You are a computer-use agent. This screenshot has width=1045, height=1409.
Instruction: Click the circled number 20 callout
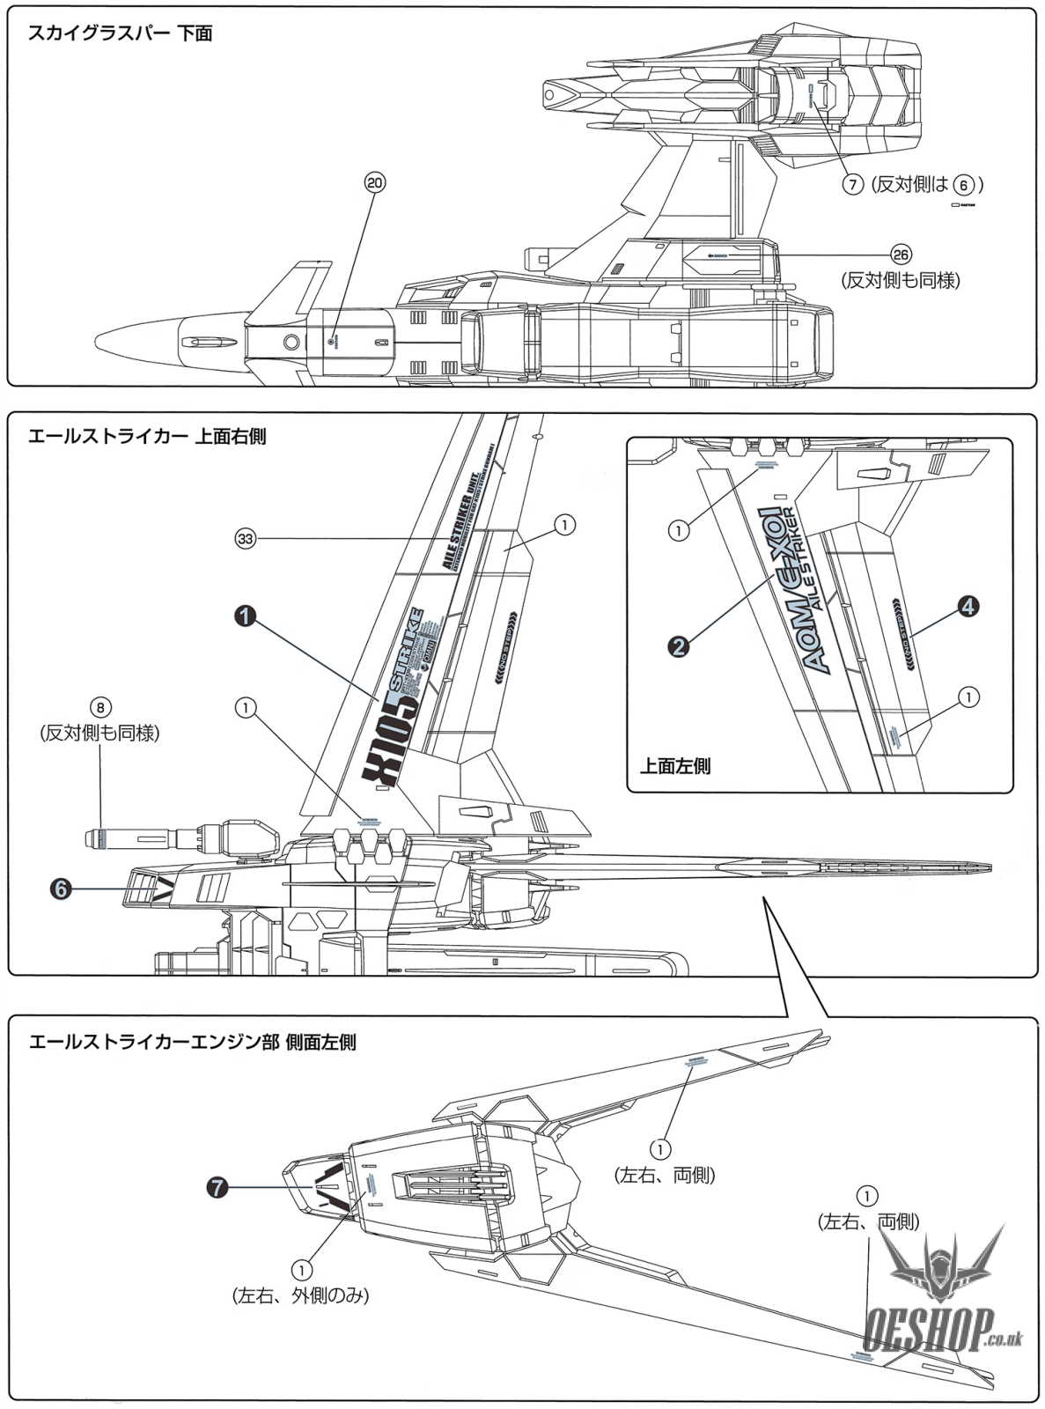pos(375,182)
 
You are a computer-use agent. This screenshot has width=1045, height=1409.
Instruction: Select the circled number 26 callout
pos(900,254)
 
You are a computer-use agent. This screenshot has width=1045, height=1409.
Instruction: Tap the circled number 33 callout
pos(246,538)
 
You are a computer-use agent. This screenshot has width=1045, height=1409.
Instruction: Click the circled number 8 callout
pos(100,707)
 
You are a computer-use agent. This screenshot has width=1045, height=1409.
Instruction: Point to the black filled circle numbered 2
pos(678,646)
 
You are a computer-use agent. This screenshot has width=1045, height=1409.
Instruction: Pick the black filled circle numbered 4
pos(968,606)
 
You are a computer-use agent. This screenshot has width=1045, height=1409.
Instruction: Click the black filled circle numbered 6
pos(60,889)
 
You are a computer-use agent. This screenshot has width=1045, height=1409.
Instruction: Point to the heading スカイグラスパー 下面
pos(120,34)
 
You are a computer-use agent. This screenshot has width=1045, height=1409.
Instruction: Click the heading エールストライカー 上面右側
pos(147,436)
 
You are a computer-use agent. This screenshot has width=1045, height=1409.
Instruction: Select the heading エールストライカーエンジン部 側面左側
pos(192,1042)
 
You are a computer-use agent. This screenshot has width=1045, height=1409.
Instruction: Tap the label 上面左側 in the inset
pos(676,765)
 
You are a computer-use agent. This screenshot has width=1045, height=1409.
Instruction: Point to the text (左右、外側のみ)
pos(300,1295)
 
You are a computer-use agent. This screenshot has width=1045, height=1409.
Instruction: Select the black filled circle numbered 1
pos(245,616)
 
